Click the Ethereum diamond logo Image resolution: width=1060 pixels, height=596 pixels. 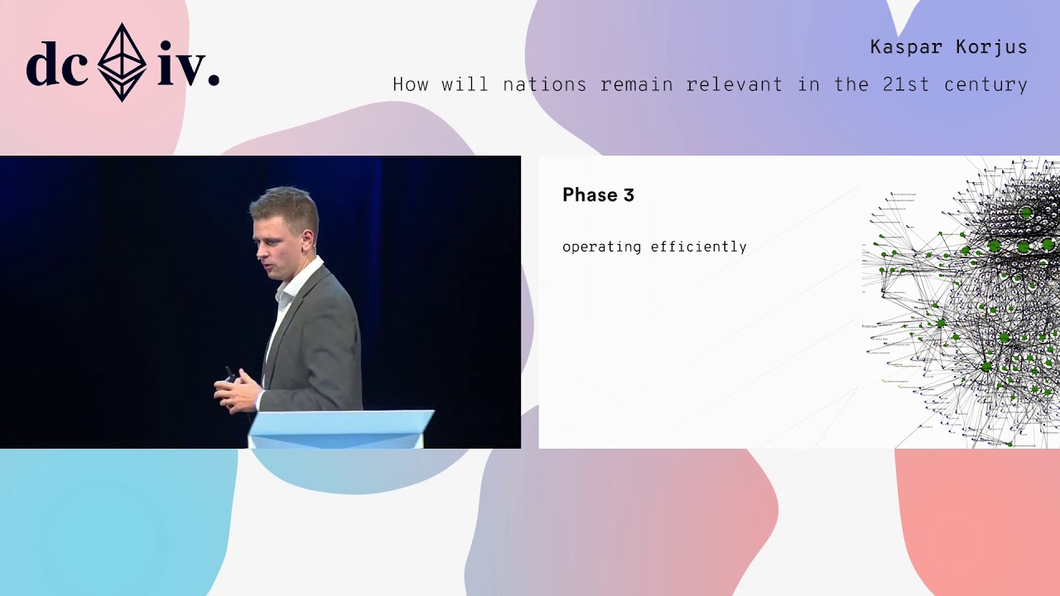coord(122,63)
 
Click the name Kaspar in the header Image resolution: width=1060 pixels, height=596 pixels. coord(906,47)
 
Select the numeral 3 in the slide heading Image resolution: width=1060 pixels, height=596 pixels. coord(629,195)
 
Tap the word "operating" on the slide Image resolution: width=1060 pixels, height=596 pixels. coord(601,247)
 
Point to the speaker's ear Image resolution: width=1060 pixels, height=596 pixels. coord(306,238)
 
